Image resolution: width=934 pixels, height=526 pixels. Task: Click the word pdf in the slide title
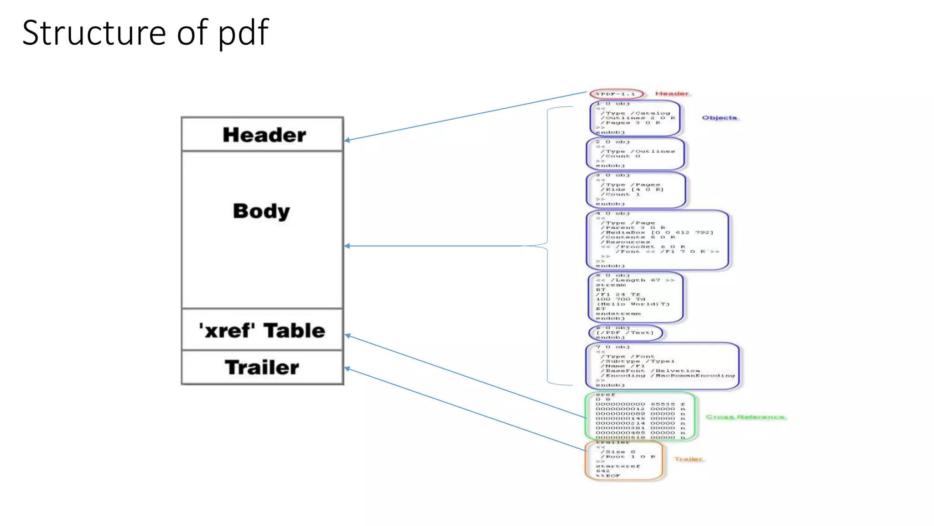[244, 33]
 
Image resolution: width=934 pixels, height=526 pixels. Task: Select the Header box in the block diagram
[263, 135]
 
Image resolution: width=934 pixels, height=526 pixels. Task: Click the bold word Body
[261, 211]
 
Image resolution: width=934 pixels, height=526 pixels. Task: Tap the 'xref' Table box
[263, 330]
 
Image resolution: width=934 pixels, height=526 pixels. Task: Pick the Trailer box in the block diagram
[263, 368]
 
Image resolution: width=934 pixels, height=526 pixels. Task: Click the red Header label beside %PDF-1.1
[671, 94]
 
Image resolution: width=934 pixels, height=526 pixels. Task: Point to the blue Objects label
[719, 118]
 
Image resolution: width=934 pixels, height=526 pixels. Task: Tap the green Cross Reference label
[745, 417]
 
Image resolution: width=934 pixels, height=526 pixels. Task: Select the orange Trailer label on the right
[688, 459]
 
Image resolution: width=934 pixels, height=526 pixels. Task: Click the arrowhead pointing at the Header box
[347, 140]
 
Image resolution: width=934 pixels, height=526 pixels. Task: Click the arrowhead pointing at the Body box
[347, 246]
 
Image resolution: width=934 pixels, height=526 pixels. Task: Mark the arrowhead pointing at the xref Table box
[348, 336]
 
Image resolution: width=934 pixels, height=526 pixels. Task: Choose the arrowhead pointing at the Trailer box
[348, 368]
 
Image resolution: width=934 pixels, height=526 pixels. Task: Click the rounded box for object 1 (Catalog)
[635, 118]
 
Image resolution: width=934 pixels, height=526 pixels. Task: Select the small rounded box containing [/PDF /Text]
[625, 333]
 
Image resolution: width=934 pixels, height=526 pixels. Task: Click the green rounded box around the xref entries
[640, 416]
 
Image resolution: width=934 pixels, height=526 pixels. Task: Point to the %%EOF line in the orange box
[608, 476]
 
